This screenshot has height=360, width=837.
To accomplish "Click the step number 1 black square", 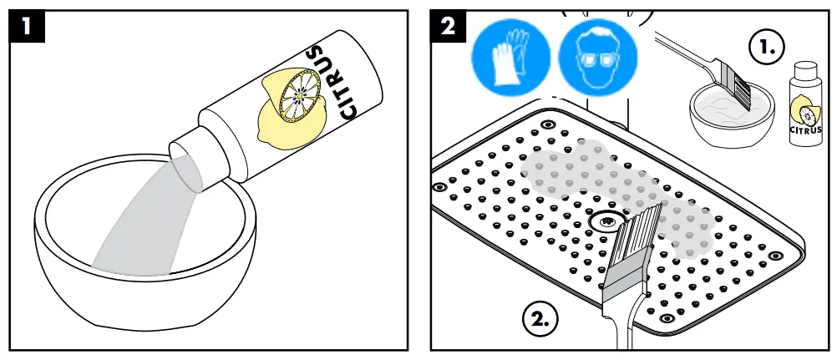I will point(28,27).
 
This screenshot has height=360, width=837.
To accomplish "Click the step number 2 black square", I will point(448,27).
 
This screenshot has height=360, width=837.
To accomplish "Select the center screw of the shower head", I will point(606,222).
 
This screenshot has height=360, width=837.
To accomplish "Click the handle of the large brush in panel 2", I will point(621,329).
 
